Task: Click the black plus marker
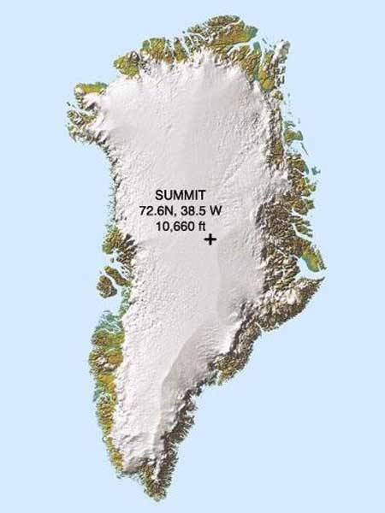[210, 241]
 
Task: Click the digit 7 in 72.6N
[142, 210]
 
